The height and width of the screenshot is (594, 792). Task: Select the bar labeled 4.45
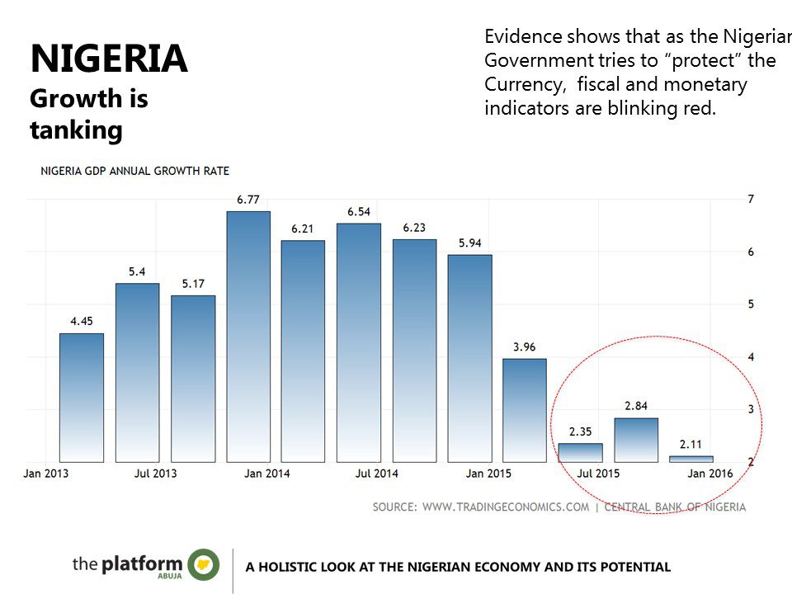[82, 398]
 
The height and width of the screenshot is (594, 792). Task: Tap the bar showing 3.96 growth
[525, 410]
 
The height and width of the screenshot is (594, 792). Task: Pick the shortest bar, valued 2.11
[691, 459]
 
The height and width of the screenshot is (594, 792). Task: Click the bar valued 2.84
[636, 440]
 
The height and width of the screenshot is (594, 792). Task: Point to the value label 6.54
[359, 212]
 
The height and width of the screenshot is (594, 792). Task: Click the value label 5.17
[193, 284]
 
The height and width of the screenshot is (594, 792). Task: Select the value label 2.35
[580, 431]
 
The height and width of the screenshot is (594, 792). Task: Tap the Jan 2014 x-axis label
[266, 474]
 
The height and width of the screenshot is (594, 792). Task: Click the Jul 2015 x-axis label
[599, 474]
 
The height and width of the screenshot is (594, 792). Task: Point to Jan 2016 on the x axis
[709, 474]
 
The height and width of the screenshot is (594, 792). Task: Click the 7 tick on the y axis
[751, 199]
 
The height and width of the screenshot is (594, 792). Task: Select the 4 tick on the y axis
[751, 357]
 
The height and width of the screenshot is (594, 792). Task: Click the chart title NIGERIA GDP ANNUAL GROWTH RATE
[135, 171]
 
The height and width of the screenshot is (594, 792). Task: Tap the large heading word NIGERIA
[109, 59]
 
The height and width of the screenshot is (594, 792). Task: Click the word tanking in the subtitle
[76, 130]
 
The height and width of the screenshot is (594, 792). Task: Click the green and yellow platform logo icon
[204, 564]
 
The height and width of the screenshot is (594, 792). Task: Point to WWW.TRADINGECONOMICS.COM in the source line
[506, 507]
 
